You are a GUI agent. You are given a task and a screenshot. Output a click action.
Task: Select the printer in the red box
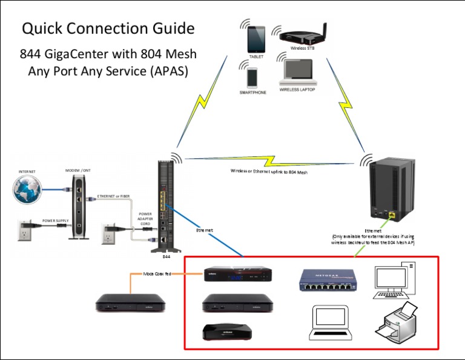click(x=397, y=324)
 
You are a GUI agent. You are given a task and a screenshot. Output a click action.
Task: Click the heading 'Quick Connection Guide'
click(x=108, y=28)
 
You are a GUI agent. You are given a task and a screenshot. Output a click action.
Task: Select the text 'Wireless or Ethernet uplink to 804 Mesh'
click(x=269, y=171)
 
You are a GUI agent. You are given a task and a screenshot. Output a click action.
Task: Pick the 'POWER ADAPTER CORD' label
click(x=145, y=218)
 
